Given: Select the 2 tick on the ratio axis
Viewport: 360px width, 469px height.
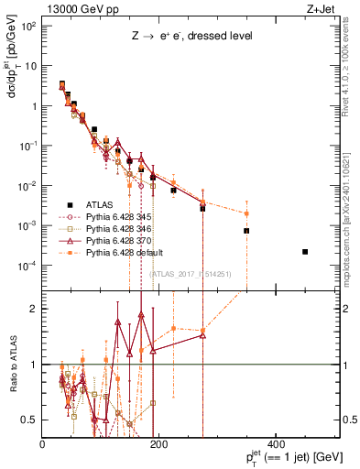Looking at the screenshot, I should point(36,309).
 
